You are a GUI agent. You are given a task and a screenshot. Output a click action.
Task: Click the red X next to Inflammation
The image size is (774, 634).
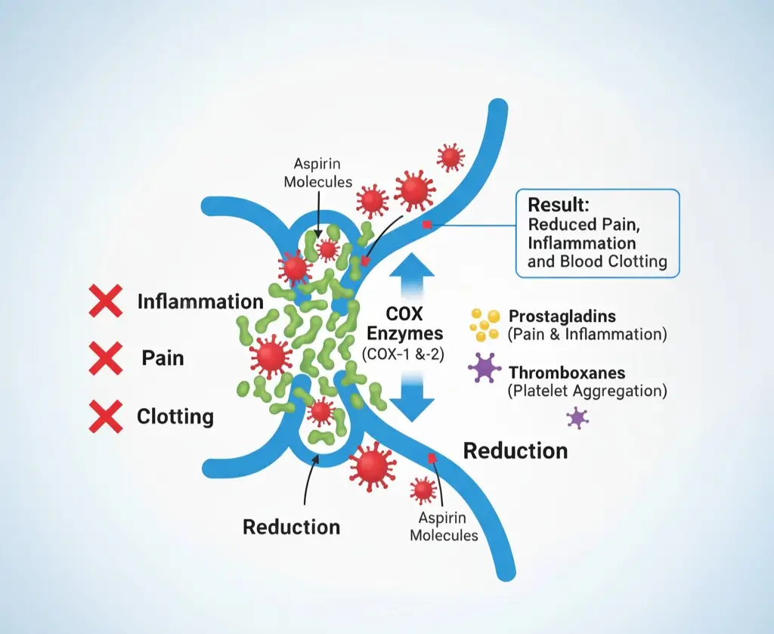[106, 301]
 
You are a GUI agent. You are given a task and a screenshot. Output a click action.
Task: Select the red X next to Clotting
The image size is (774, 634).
[106, 415]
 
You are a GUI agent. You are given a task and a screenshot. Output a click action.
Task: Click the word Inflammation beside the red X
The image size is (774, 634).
[200, 302]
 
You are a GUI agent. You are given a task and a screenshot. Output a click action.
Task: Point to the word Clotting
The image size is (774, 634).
[175, 416]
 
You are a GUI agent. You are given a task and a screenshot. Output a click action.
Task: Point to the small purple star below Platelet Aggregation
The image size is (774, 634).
[577, 417]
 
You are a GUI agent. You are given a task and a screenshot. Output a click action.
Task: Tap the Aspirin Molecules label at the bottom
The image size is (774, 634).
[444, 527]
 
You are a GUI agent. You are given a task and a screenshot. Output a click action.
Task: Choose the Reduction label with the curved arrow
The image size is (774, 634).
[291, 527]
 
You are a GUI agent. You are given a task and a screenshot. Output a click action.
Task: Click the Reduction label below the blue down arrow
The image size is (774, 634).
[515, 451]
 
